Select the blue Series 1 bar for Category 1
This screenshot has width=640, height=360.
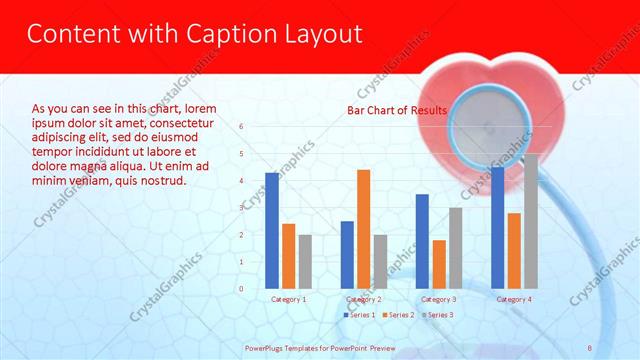[272, 230]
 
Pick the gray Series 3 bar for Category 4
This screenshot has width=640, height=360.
[530, 221]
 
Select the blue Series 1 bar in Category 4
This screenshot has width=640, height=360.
[498, 227]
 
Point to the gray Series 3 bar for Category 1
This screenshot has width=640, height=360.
[304, 262]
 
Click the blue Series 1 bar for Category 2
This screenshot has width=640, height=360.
[347, 255]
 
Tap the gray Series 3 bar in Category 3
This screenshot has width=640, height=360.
[455, 248]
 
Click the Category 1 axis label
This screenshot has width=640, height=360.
[289, 299]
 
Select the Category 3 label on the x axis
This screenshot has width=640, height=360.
[439, 299]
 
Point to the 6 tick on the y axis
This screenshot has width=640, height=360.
[241, 127]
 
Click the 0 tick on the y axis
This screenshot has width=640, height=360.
[241, 289]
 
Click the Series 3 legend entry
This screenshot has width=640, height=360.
[436, 315]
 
